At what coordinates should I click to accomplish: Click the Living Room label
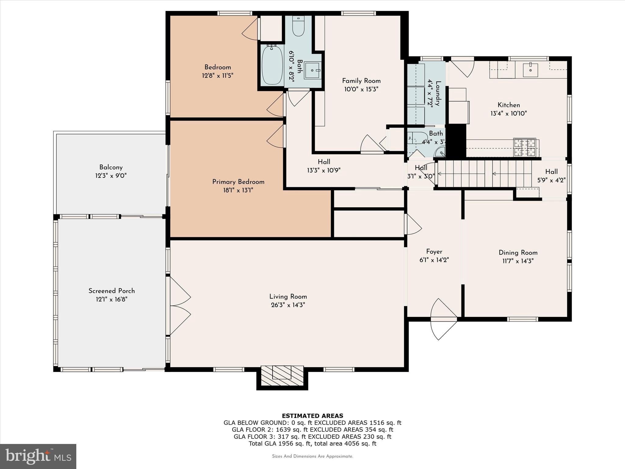(x=288, y=296)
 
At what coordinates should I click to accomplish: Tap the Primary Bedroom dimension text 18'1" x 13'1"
(x=238, y=190)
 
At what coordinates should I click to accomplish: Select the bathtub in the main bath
(x=272, y=65)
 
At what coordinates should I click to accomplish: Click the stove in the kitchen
(x=525, y=147)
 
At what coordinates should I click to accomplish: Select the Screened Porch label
(x=112, y=291)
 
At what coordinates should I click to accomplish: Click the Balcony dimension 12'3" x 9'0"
(x=111, y=176)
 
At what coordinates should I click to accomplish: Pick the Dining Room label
(x=518, y=253)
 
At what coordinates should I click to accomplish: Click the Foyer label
(x=434, y=252)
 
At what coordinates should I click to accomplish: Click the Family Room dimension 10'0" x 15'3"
(x=361, y=89)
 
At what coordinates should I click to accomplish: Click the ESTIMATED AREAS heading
(x=312, y=416)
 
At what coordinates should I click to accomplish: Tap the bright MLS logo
(x=38, y=456)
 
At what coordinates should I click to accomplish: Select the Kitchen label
(x=509, y=105)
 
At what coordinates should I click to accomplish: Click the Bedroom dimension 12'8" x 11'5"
(x=218, y=75)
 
